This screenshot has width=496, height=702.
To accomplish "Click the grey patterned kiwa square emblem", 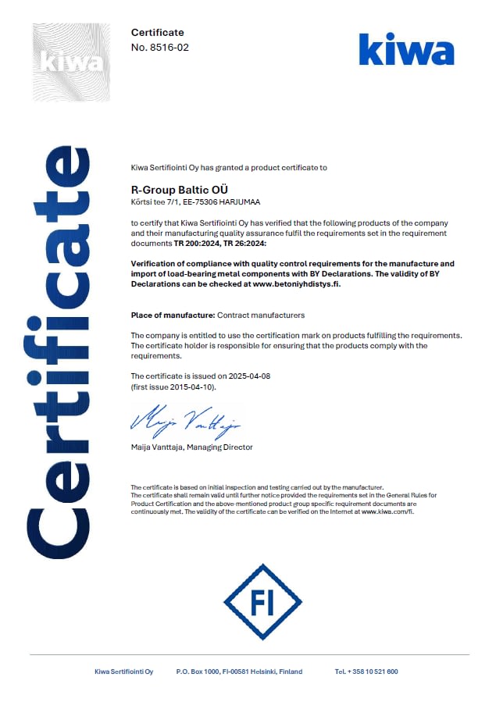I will (71, 62).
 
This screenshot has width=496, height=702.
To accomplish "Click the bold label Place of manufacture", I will (172, 315).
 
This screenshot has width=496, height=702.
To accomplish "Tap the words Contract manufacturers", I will (260, 315).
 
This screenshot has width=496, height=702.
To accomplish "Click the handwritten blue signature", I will (185, 422).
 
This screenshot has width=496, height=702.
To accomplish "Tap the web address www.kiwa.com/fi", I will (387, 512).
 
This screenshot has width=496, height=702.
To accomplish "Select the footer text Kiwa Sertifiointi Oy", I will (123, 672).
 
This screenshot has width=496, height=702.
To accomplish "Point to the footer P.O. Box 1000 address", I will (239, 672).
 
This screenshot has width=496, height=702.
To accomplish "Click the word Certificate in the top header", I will (157, 32).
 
